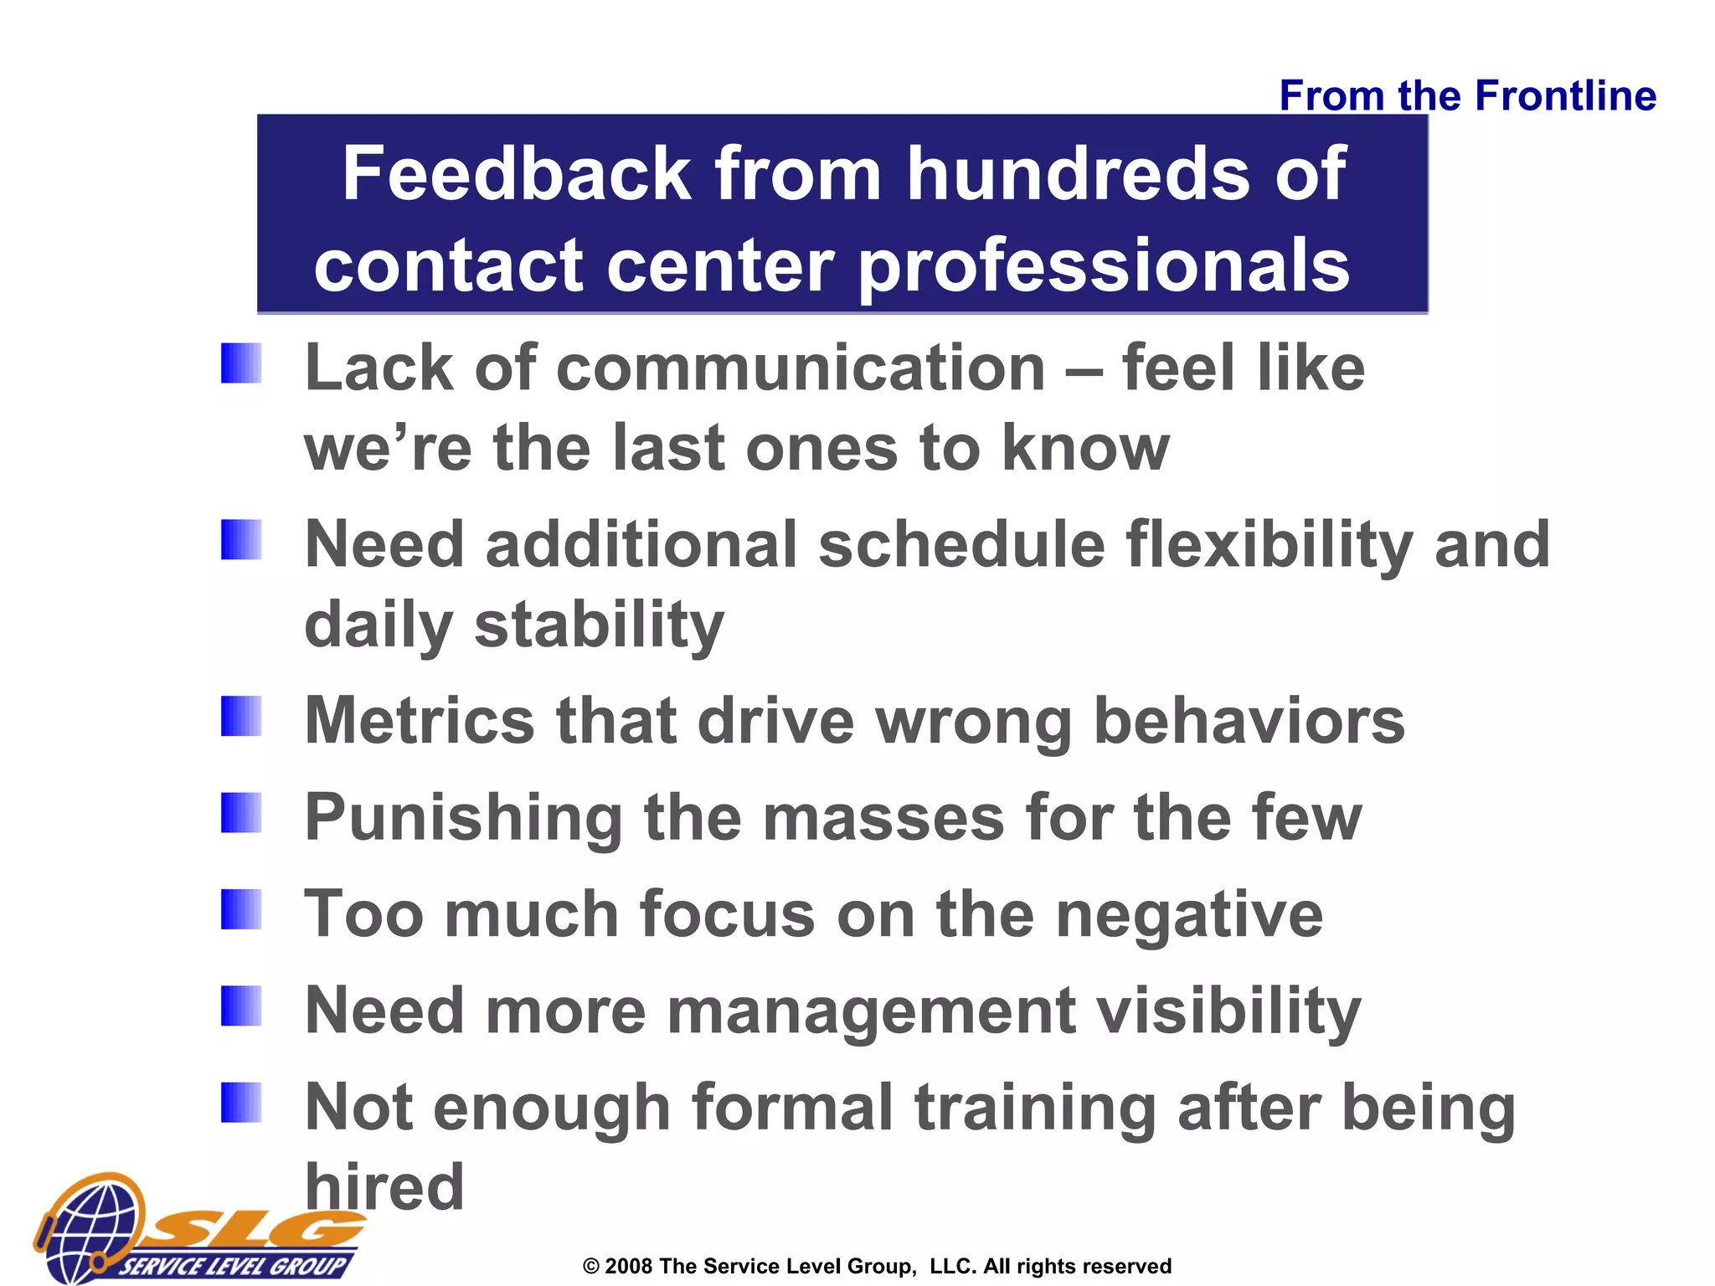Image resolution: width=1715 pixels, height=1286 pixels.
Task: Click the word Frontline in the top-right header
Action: click(x=1565, y=95)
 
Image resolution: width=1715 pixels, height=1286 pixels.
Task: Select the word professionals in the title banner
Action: click(x=1105, y=266)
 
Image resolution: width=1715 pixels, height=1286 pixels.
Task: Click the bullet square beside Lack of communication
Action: click(x=241, y=364)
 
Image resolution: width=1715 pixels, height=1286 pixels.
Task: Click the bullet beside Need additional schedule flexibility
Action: click(x=241, y=540)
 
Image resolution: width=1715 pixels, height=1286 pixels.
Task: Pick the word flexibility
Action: click(x=1270, y=546)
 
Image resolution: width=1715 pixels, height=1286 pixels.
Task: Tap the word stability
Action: click(x=599, y=625)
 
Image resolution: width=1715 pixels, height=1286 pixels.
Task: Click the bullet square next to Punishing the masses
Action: click(x=241, y=813)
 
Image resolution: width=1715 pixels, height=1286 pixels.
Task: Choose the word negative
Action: click(x=1189, y=915)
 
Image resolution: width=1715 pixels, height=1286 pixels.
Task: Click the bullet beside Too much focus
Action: click(x=241, y=910)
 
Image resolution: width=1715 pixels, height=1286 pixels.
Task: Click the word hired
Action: click(x=384, y=1186)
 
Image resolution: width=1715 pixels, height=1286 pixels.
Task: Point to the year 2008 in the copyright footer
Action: click(x=628, y=1267)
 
